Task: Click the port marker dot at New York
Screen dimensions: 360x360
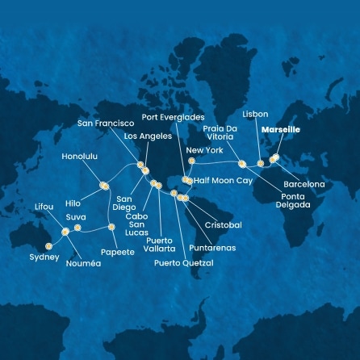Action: [191, 161]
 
